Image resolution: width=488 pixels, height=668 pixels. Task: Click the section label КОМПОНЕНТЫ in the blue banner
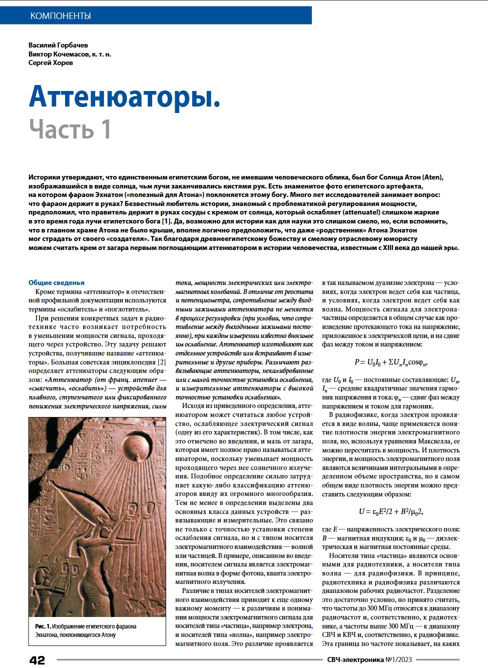pos(61,16)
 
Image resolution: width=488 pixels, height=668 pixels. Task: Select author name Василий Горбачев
pos(58,45)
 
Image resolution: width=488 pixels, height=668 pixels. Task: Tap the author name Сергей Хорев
pos(51,62)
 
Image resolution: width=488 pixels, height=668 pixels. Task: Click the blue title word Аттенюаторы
pos(124,96)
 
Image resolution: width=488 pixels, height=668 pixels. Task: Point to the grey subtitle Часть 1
pos(70,129)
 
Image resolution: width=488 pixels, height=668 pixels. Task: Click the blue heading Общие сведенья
pos(57,282)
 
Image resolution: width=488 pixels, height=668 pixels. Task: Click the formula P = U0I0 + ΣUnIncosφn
pos(390,362)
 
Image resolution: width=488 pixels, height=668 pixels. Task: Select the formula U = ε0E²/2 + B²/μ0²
pos(390,511)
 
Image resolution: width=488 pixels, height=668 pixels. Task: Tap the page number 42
pos(37,660)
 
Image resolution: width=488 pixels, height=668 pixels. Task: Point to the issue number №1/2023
pos(398,659)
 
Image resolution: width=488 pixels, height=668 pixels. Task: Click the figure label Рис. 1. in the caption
pos(43,626)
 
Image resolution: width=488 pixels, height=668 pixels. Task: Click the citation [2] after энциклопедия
pos(162,362)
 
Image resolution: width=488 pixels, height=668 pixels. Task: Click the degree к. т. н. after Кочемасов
pos(102,54)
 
